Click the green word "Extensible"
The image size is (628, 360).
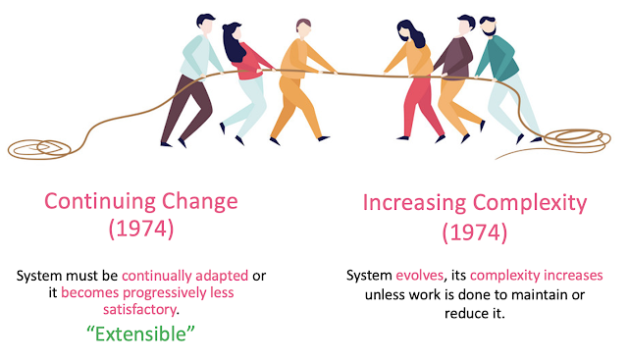140,334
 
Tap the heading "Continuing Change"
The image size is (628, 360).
141,201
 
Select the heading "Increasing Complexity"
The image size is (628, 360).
475,203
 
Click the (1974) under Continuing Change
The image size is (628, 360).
141,230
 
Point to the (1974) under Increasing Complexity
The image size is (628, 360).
475,232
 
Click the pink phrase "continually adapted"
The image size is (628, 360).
185,276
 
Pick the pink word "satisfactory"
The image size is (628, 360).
139,310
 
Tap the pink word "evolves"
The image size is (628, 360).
419,275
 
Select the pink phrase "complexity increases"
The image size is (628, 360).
537,276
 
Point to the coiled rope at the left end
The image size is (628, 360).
39,149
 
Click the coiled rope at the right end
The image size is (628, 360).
577,140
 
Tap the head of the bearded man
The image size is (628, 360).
488,26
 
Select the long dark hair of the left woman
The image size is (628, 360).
234,42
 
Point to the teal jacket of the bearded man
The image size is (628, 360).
497,59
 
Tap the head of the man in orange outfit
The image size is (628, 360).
303,28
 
